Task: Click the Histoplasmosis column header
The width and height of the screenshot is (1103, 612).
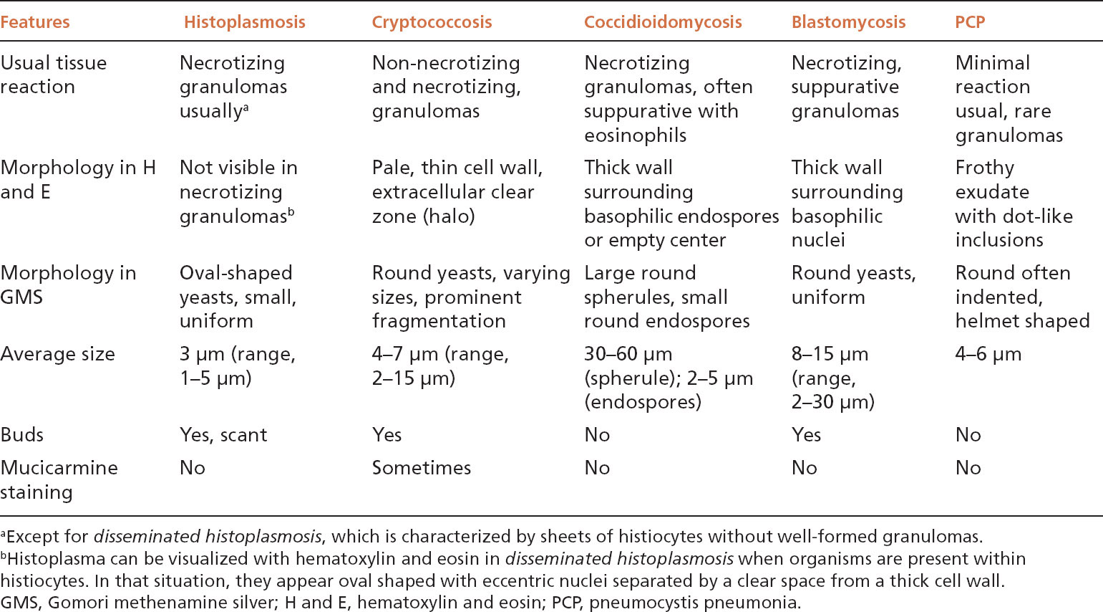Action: click(244, 22)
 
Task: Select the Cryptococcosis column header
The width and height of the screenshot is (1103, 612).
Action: click(432, 22)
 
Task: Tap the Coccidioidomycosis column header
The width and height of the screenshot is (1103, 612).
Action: click(663, 22)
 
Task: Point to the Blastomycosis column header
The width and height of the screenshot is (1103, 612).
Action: click(848, 22)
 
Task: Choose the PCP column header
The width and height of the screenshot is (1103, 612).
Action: click(970, 22)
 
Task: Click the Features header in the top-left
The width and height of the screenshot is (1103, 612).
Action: click(35, 22)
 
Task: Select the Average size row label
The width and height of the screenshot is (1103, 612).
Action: click(57, 354)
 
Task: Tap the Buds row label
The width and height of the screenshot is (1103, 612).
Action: click(22, 435)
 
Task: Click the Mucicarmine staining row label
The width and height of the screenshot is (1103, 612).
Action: click(59, 479)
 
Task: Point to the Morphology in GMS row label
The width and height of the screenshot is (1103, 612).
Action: click(68, 285)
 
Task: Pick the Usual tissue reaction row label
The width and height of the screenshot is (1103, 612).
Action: click(53, 75)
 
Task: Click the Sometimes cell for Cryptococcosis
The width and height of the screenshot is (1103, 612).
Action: click(421, 468)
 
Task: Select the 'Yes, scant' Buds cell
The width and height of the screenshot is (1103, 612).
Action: click(223, 435)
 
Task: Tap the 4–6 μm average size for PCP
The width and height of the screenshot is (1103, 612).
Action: click(988, 354)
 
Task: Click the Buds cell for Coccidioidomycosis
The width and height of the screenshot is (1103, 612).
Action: click(597, 435)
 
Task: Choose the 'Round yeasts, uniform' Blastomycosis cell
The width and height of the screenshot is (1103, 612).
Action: click(853, 285)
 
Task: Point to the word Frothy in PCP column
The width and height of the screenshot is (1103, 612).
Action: click(984, 168)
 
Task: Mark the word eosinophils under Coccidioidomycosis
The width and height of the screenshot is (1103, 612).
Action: click(635, 135)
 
